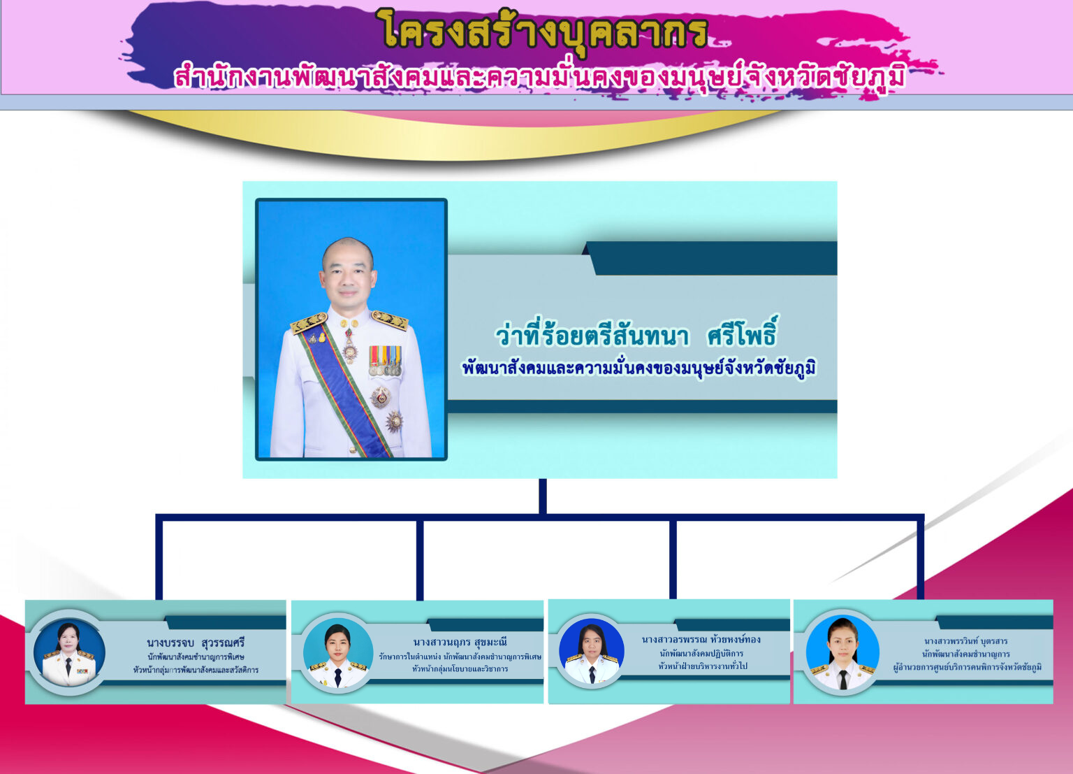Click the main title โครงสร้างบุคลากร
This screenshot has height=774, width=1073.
pos(546,30)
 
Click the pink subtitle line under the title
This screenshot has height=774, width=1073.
pos(539,77)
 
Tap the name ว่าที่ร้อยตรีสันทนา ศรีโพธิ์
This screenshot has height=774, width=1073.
pos(636,333)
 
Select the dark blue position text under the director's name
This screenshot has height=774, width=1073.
pos(638,368)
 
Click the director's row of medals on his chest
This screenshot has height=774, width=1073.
pos(385,361)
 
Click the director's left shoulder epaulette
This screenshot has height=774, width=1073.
pos(390,320)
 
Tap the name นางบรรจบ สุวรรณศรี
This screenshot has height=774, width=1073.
pos(196,643)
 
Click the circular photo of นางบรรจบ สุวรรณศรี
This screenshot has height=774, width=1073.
pos(69,652)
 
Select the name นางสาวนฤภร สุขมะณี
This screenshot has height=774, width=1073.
pos(460,642)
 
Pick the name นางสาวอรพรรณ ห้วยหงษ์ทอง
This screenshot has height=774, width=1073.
pos(701,640)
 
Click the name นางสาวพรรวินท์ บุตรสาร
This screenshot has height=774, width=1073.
pos(965,641)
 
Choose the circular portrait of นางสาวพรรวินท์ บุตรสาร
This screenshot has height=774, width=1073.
pos(842,652)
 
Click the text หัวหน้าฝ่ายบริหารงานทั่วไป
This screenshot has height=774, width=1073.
pos(702,666)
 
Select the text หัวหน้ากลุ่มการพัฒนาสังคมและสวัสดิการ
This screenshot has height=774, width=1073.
pos(196,670)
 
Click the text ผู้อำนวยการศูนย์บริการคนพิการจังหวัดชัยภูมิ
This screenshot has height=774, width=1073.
pos(967,667)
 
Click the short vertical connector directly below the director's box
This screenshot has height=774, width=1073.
pos(543,496)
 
